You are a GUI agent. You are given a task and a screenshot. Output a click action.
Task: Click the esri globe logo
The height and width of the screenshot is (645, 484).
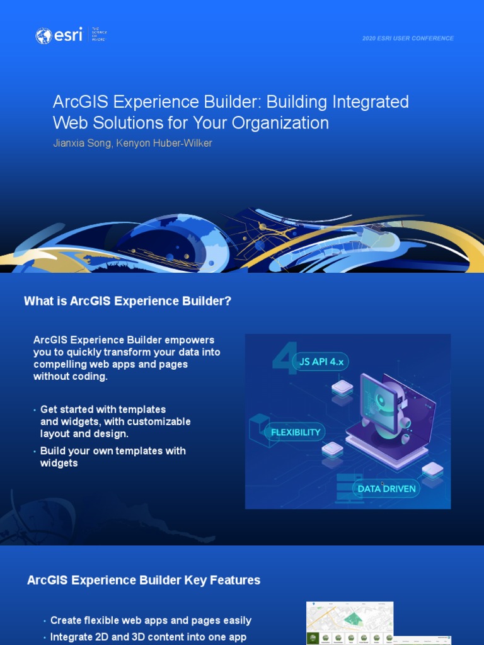[44, 36]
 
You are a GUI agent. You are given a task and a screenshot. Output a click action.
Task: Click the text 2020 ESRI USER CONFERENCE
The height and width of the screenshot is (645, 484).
[408, 38]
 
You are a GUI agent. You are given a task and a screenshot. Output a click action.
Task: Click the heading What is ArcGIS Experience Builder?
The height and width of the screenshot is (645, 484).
[127, 301]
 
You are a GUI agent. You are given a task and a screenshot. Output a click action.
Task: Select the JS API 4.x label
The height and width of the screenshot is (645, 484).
[321, 362]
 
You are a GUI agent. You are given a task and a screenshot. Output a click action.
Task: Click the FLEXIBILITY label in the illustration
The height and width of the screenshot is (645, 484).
[296, 433]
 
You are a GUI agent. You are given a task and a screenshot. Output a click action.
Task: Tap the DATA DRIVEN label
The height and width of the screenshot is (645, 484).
[386, 488]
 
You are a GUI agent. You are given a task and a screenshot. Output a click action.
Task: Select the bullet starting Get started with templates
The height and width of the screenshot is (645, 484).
[115, 421]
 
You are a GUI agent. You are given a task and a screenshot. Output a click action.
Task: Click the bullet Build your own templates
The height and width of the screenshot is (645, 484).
[112, 457]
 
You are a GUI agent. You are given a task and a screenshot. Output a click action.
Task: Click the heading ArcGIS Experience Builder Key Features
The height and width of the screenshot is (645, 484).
[144, 580]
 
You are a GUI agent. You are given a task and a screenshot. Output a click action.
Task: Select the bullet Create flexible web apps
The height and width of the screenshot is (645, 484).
[151, 620]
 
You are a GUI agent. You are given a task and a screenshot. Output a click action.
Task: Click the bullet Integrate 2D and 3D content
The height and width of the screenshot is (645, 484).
[148, 637]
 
